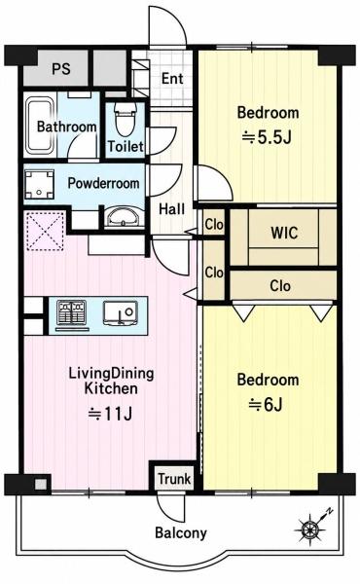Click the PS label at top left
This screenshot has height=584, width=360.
60,69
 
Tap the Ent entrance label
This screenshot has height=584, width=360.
172,79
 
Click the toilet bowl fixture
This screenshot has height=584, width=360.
126,119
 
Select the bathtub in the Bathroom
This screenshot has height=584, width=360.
39,127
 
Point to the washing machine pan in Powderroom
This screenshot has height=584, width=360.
40,184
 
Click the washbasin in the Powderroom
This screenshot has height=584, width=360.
124,217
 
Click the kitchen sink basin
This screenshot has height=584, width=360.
121,312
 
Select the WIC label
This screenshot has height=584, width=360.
284,233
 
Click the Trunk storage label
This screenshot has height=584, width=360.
174,479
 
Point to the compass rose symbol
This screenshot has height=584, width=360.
311,527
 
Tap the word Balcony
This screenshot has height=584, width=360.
181,533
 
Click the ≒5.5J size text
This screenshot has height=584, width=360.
267,138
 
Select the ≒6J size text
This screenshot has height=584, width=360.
266,405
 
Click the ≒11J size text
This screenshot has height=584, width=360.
111,414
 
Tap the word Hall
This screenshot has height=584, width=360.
171,209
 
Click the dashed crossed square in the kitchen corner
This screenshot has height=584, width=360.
45,231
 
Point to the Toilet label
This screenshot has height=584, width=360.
126,146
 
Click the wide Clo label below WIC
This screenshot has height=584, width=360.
280,286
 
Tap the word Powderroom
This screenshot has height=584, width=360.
103,183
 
